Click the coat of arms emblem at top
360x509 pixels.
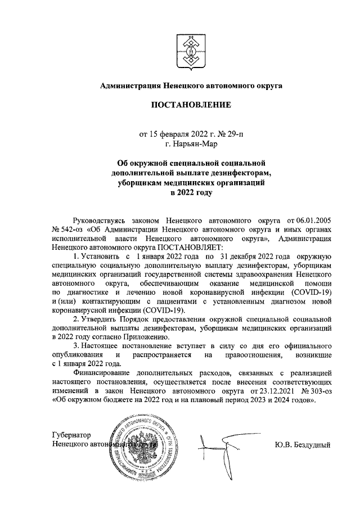click(x=190, y=49)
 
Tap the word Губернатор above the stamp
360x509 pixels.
click(x=70, y=435)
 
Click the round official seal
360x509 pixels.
click(x=145, y=447)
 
